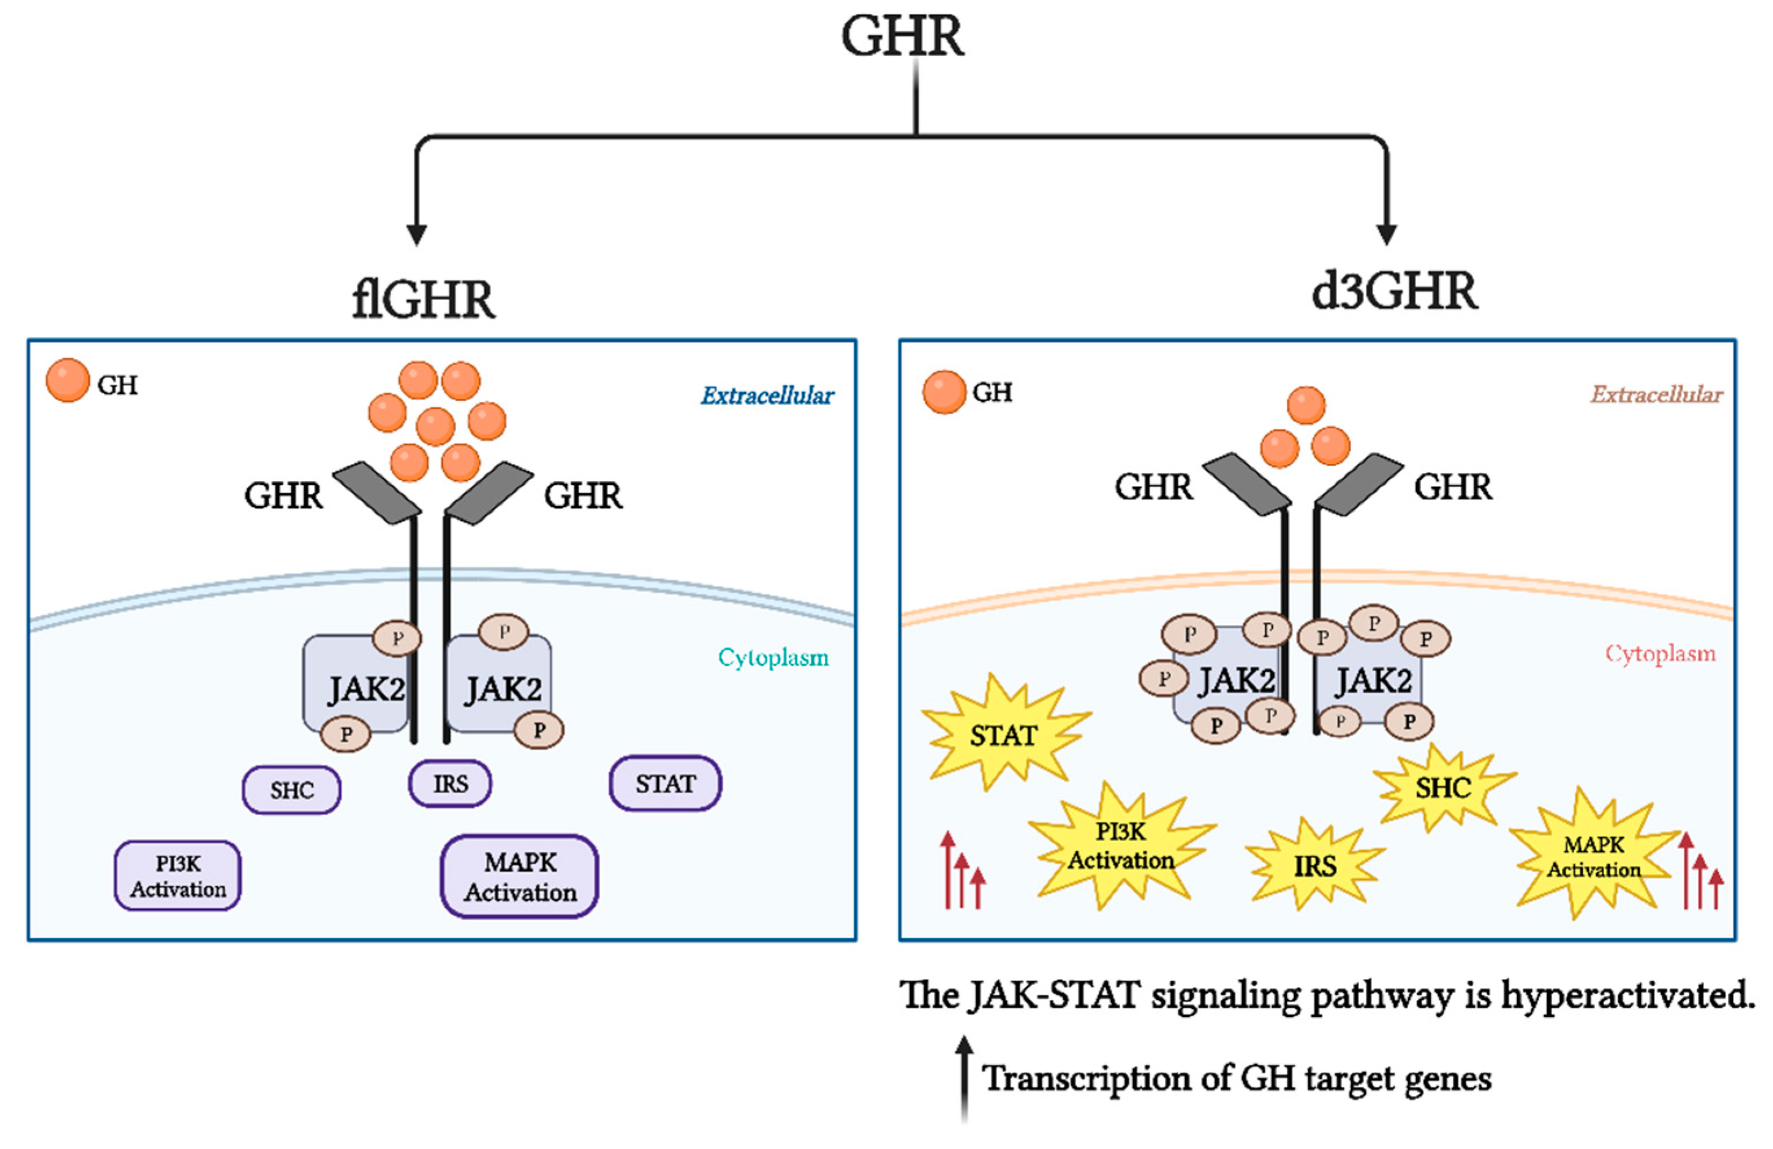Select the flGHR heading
[423, 300]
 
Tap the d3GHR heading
[1394, 291]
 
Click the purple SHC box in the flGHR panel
[291, 790]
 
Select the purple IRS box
[450, 784]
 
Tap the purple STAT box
[665, 783]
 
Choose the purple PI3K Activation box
[178, 876]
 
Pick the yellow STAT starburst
[1003, 736]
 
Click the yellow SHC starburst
[1443, 788]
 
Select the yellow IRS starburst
[1315, 866]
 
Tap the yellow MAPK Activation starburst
[1594, 858]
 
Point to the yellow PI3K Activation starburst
[1121, 846]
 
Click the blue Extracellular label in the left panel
[767, 395]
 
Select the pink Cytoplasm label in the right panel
[1660, 654]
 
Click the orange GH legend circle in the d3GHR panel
[944, 392]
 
